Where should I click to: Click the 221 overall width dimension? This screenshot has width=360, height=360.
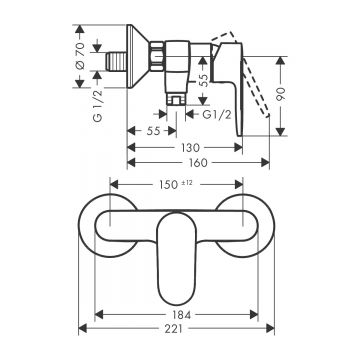[174, 329]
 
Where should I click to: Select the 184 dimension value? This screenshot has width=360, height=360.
[182, 315]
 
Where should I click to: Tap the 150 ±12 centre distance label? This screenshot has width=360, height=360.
[176, 184]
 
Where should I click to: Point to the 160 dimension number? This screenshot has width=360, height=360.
[198, 163]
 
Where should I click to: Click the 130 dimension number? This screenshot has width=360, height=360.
[190, 147]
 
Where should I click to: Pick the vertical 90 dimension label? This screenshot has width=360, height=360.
[281, 95]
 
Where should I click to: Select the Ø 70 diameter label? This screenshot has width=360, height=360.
[80, 56]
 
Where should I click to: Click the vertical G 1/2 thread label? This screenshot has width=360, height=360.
[98, 106]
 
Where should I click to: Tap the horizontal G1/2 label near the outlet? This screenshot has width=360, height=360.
[217, 115]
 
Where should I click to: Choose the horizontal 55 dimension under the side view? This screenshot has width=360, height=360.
[153, 131]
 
